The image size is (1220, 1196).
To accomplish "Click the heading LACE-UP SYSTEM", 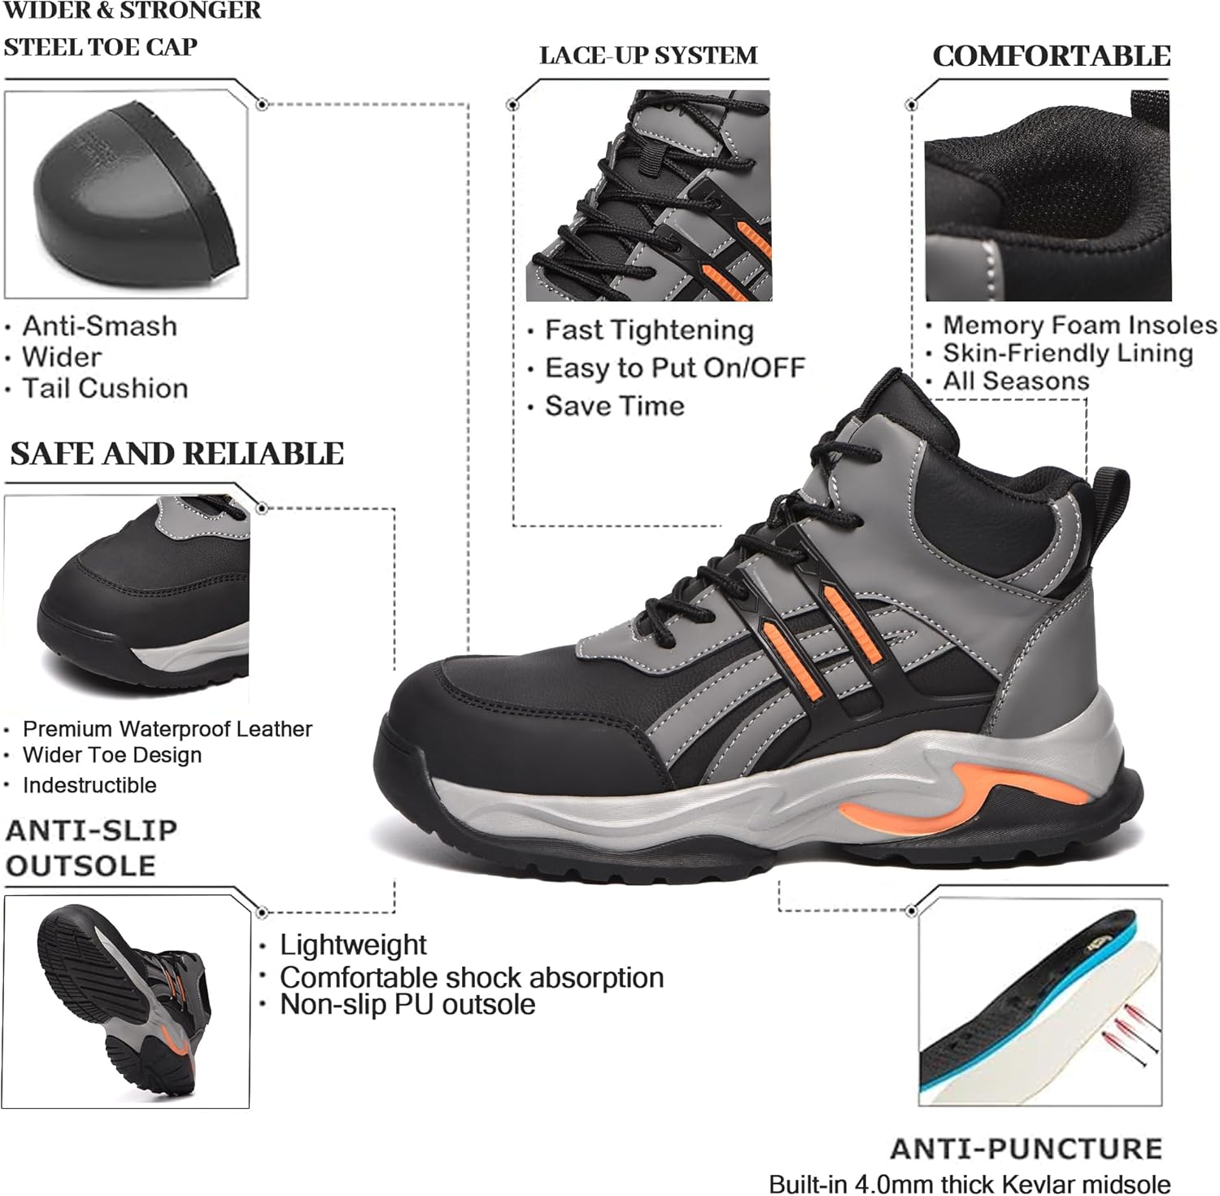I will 648,55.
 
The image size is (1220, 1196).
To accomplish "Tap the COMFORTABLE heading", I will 1051,55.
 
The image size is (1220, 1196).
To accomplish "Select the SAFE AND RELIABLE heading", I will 176,453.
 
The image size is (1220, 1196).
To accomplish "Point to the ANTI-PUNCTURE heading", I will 1026,1148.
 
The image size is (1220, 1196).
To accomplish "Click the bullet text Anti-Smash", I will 99,325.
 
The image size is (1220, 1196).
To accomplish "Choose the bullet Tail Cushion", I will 105,388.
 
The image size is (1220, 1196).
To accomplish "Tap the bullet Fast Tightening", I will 649,330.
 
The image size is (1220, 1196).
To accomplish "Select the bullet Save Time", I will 614,405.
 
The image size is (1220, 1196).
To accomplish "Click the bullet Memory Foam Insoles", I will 1079,325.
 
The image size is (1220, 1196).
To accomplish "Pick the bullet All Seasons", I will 1015,381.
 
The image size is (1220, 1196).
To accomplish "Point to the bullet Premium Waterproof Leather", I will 167,728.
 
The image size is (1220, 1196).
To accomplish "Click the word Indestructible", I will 89,785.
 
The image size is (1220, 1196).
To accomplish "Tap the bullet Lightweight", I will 353,945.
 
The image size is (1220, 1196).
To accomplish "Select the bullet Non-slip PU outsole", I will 407,1004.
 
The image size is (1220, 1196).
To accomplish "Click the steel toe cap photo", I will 126,195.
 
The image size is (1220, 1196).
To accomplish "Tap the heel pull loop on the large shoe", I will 1109,500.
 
